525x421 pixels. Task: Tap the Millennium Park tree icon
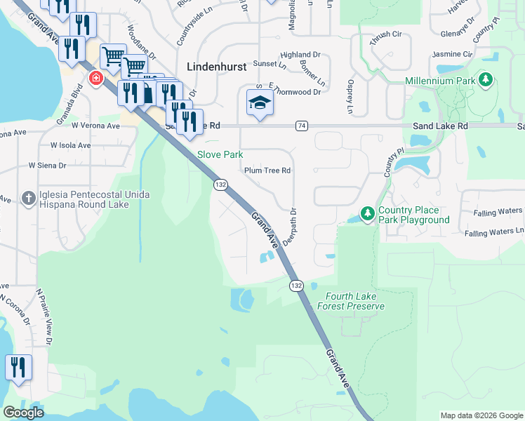pyautogui.click(x=484, y=80)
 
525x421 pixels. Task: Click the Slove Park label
pyautogui.click(x=220, y=154)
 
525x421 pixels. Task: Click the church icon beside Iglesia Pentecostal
pyautogui.click(x=29, y=196)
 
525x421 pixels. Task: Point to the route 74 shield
pyautogui.click(x=302, y=126)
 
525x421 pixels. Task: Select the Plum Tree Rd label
pyautogui.click(x=267, y=171)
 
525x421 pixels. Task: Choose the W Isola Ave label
pyautogui.click(x=70, y=145)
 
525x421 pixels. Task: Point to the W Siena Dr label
pyautogui.click(x=47, y=166)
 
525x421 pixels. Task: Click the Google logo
pyautogui.click(x=23, y=413)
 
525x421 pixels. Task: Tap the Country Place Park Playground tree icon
pyautogui.click(x=366, y=212)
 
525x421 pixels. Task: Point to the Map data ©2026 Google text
pyautogui.click(x=481, y=415)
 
